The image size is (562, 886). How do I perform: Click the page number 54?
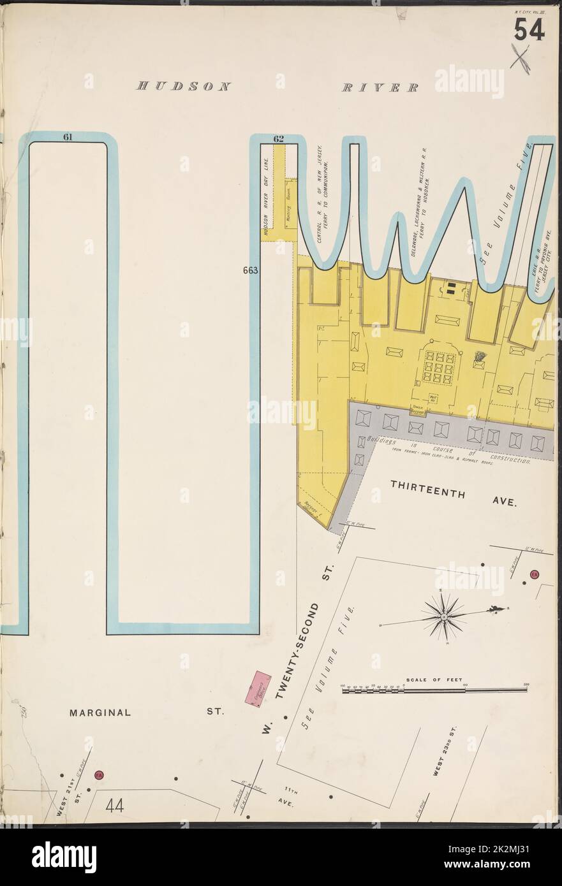529,30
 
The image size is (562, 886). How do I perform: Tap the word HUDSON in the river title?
183,87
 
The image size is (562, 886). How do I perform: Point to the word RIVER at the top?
380,87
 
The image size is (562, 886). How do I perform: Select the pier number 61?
68,136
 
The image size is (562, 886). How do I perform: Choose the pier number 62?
278,138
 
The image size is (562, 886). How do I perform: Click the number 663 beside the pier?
249,270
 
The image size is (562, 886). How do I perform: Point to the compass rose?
444,616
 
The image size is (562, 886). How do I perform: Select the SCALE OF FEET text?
434,680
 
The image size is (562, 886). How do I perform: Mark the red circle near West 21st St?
99,775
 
